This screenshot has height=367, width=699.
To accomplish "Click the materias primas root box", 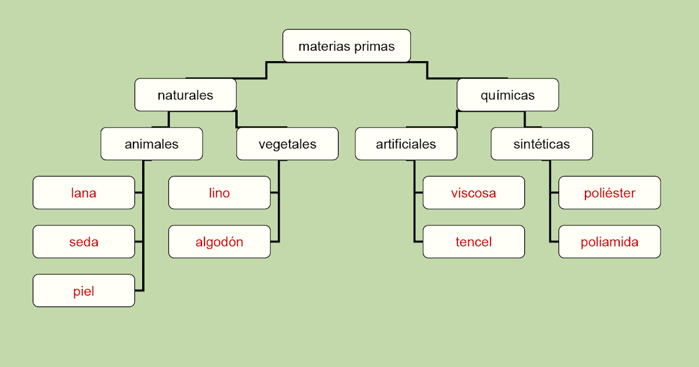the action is (347, 46).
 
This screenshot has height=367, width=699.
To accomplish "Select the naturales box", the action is (185, 95).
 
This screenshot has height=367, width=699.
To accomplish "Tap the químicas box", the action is (508, 95).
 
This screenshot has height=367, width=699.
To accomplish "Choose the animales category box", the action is (151, 144).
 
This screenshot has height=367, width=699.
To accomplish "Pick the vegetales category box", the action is (287, 144).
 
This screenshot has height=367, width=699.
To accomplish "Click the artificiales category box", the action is (406, 144).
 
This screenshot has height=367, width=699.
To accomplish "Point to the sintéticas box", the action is (542, 144).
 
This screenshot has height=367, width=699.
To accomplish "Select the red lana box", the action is (84, 193).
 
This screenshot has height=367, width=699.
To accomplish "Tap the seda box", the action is (84, 242).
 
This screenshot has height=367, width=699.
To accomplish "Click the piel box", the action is (84, 291).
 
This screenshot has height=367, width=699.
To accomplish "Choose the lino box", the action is (220, 193).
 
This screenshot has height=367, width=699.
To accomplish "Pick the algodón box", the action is (220, 242).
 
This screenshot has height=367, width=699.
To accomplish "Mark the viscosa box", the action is (474, 193).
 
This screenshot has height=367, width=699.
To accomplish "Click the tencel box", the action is (474, 242).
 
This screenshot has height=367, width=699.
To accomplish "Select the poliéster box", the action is (609, 193).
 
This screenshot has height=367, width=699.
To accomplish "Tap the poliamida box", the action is (609, 242).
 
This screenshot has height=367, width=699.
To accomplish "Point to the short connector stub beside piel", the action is (139, 291).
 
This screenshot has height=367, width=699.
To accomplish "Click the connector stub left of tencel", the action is (418, 242).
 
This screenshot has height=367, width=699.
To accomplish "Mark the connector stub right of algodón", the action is (275, 242).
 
